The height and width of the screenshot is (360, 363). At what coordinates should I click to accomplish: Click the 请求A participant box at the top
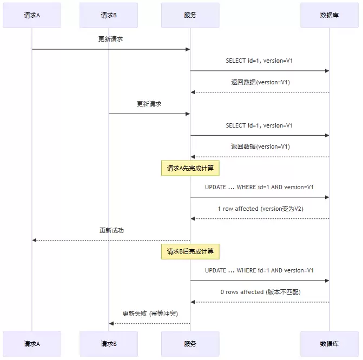point(32,15)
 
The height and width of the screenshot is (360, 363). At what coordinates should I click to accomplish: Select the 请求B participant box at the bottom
point(109,343)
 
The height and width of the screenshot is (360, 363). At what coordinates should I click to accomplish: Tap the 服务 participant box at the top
point(190,15)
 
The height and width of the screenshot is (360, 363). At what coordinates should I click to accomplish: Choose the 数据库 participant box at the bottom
point(329,343)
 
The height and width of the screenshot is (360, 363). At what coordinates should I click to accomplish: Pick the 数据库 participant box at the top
point(329,15)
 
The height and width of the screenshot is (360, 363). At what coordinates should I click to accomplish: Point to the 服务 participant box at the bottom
point(190,343)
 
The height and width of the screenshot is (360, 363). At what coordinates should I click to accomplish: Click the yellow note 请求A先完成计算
point(190,168)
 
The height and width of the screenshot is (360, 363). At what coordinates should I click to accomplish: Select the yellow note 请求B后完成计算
point(190,251)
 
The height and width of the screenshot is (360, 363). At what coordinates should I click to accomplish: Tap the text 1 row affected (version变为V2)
point(259,209)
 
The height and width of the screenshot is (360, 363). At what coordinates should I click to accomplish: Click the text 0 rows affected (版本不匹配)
point(260,292)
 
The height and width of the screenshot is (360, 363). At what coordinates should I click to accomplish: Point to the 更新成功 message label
point(111,230)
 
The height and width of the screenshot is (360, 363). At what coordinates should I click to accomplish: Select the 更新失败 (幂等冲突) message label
point(150,314)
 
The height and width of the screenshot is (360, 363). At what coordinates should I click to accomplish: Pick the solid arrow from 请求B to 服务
point(149,114)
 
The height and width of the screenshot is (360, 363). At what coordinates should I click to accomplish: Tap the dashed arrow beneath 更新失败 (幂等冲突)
point(149,323)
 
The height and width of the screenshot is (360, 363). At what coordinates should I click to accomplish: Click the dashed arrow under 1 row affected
point(260,218)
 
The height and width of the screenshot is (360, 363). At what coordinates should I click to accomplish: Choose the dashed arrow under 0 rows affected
point(260,302)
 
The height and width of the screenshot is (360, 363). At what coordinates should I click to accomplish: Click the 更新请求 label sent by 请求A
point(111,39)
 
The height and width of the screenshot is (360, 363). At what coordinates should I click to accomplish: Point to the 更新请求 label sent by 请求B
point(149,104)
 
